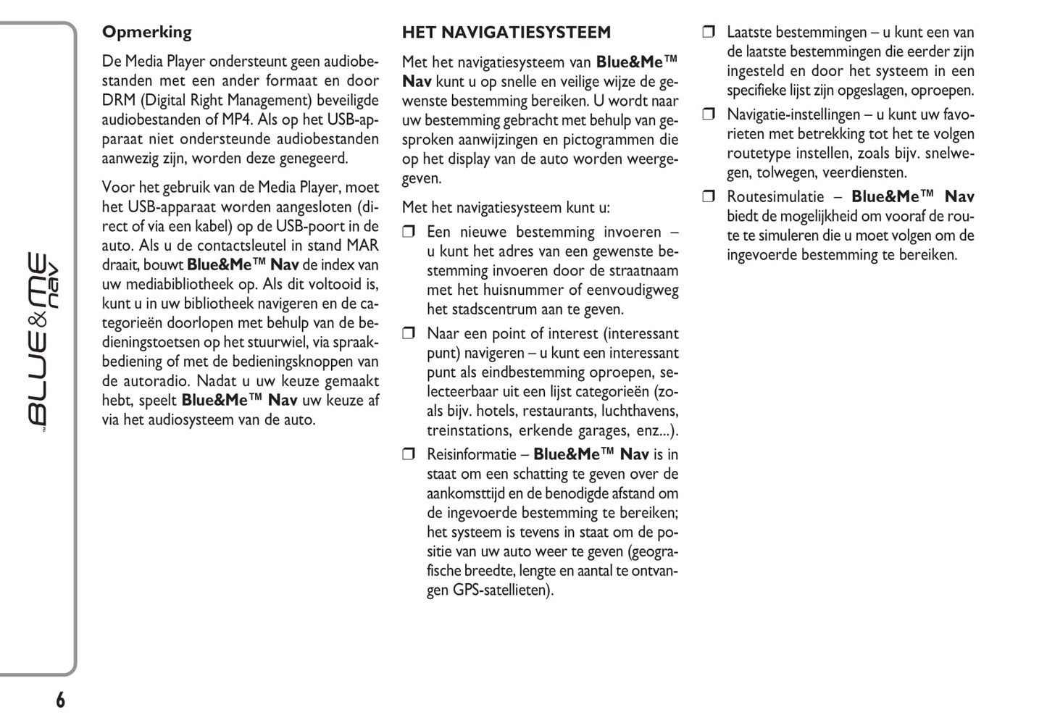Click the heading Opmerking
146,32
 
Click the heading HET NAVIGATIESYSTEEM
506,33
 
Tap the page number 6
60,700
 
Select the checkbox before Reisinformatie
409,455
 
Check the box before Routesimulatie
709,196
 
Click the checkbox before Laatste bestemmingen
709,32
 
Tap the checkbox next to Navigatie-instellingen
709,114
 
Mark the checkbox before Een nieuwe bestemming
409,233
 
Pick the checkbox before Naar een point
409,334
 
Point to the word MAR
362,246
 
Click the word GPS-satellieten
503,590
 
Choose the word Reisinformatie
471,455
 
